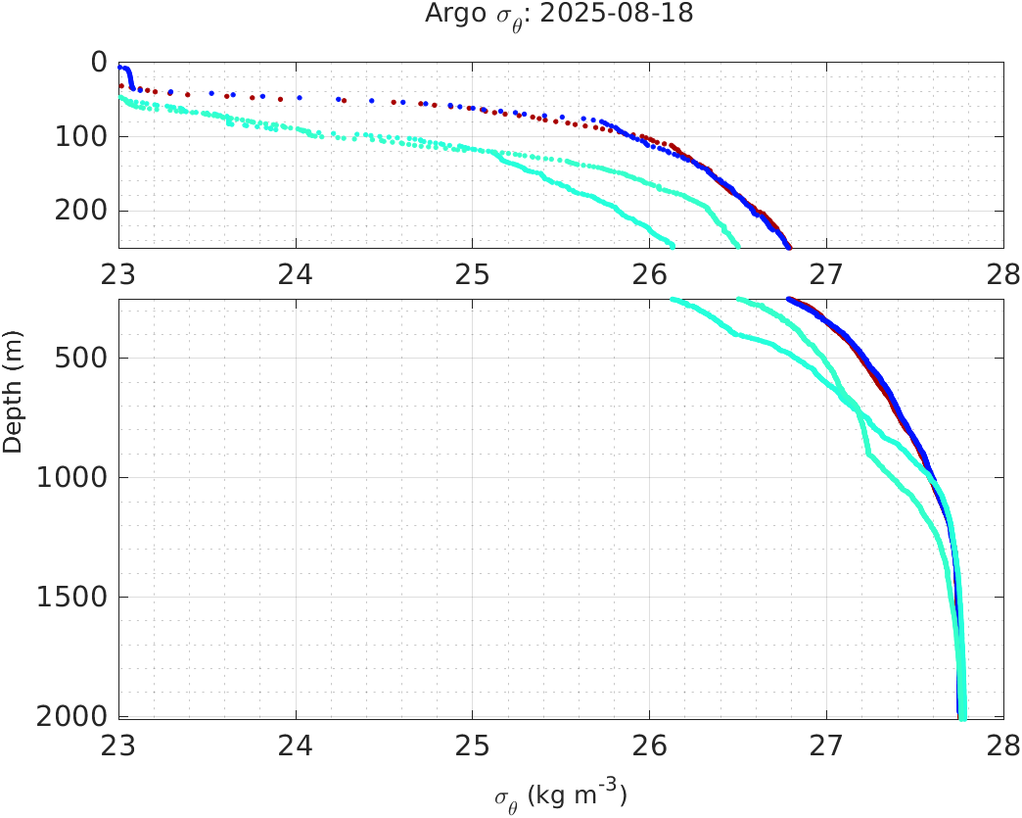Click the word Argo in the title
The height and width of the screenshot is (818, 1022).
point(447,14)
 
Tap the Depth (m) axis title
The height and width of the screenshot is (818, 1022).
point(13,403)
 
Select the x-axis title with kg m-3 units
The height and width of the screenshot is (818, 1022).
point(560,795)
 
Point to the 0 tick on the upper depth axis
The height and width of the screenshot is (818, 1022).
point(99,62)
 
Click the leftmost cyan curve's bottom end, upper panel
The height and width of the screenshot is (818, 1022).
point(672,245)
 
